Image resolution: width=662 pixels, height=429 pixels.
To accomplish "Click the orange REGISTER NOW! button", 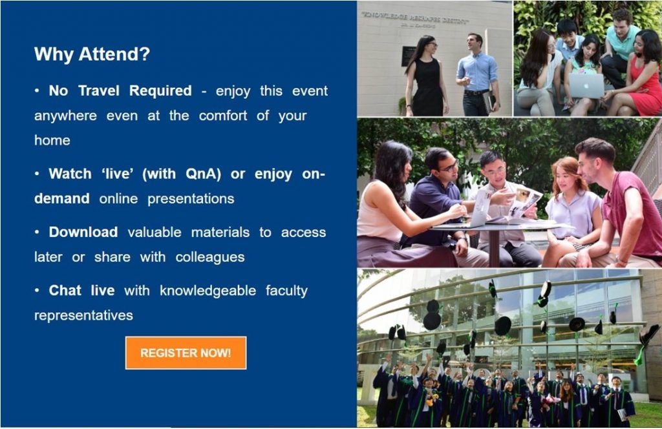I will [x=186, y=353].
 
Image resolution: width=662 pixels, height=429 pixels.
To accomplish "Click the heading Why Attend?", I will [x=92, y=54].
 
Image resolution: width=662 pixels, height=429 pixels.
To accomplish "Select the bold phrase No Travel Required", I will [x=120, y=91].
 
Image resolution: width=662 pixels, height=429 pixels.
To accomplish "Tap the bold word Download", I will [x=83, y=232].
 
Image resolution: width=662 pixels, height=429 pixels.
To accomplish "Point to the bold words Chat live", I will [x=81, y=291].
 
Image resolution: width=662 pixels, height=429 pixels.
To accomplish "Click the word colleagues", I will [x=210, y=257].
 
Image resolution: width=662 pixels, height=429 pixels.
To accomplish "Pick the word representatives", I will [x=83, y=316].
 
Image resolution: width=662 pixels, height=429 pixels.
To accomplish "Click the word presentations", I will [x=191, y=199].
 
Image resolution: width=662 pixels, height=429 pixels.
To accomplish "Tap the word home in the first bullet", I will [x=52, y=140].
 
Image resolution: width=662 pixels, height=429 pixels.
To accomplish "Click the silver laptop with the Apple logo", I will [x=586, y=85].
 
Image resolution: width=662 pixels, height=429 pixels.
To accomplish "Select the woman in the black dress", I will [x=427, y=78].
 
